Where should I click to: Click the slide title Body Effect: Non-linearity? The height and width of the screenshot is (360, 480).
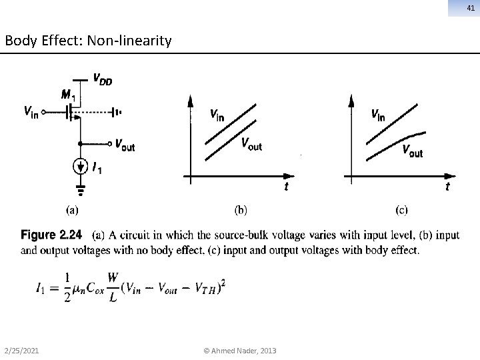pyautogui.click(x=88, y=41)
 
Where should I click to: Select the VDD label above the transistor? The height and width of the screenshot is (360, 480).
pyautogui.click(x=102, y=80)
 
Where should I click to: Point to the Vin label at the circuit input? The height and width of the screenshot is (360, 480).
pyautogui.click(x=31, y=112)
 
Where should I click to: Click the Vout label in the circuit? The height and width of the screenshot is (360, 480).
pyautogui.click(x=125, y=144)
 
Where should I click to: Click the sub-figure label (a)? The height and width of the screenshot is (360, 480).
pyautogui.click(x=71, y=210)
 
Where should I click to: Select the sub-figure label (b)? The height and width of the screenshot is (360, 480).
pyautogui.click(x=241, y=210)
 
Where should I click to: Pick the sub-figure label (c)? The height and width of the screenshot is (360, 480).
pyautogui.click(x=401, y=210)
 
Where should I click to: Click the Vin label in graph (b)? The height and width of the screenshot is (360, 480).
pyautogui.click(x=217, y=115)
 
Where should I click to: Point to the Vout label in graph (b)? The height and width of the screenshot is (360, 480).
pyautogui.click(x=251, y=144)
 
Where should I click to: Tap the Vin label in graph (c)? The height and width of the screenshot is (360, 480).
pyautogui.click(x=377, y=115)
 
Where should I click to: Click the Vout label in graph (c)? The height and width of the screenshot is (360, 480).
pyautogui.click(x=412, y=151)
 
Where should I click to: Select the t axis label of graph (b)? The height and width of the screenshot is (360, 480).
pyautogui.click(x=286, y=187)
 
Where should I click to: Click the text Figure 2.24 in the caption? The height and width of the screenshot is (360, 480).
pyautogui.click(x=51, y=235)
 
